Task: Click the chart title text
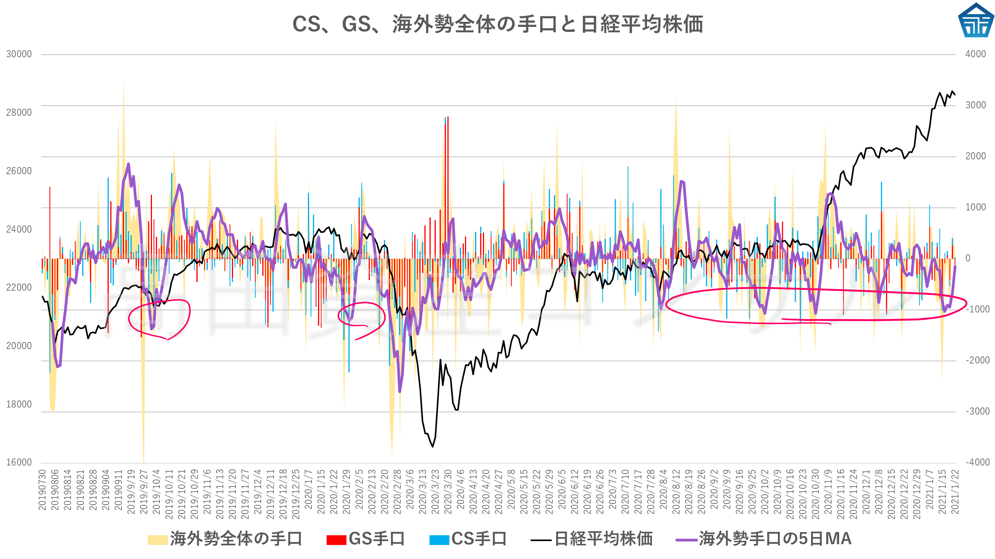pos(497,24)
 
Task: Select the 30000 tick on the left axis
pos(19,54)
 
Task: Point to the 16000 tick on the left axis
pos(19,462)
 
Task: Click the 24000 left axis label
pos(19,229)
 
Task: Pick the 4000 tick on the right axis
pos(975,54)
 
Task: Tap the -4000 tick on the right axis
pos(977,462)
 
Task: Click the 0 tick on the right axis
pos(968,258)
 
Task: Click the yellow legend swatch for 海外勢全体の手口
pos(157,540)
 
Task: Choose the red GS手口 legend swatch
pos(336,540)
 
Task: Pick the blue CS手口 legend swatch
pos(439,540)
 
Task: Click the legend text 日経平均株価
pos(603,539)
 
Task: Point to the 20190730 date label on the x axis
pos(42,490)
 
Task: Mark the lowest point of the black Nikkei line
pos(433,446)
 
